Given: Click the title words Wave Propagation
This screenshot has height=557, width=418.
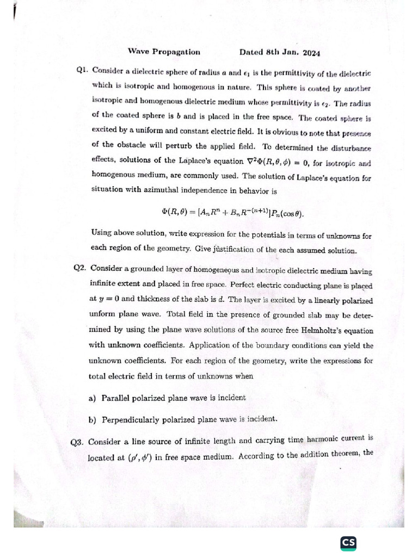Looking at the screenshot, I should pyautogui.click(x=164, y=52).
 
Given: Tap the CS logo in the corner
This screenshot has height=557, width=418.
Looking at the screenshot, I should pyautogui.click(x=348, y=543).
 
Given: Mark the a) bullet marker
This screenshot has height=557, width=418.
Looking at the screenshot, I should pyautogui.click(x=92, y=398).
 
